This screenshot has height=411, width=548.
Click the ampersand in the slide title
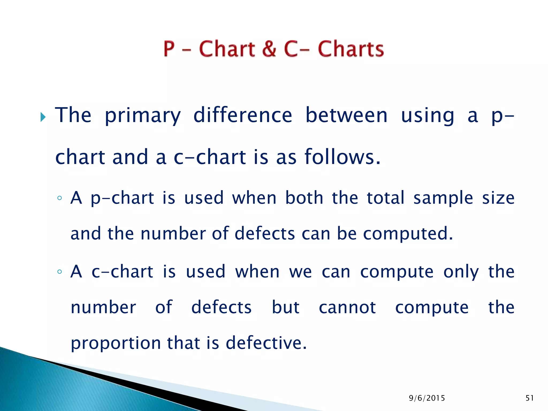click(269, 49)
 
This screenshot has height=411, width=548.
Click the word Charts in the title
click(351, 49)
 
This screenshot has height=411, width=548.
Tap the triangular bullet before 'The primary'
click(43, 117)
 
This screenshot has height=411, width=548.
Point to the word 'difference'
click(243, 115)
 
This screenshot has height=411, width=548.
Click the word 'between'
click(347, 115)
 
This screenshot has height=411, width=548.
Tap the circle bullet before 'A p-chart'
click(59, 198)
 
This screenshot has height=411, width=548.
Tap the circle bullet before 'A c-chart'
click(59, 272)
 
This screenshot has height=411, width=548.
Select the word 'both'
click(304, 198)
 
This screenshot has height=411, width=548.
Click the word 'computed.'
click(408, 234)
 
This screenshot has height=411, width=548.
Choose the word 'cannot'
click(347, 307)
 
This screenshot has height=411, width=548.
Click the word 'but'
click(286, 307)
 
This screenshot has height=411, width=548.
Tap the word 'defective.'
click(266, 343)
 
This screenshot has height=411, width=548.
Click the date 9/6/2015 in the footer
click(427, 398)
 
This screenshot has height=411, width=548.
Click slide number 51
click(530, 398)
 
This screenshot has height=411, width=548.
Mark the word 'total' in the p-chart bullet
click(385, 198)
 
